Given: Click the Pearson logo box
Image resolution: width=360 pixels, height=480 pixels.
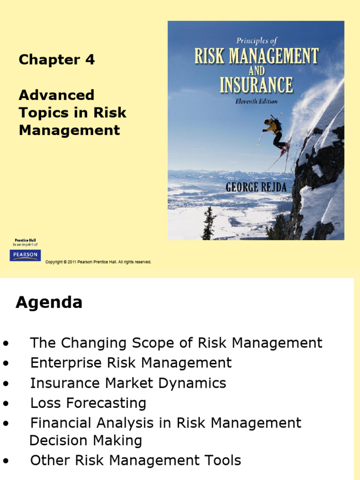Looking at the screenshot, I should tap(25, 255).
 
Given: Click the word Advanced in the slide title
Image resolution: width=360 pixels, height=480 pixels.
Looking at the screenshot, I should tap(56, 95).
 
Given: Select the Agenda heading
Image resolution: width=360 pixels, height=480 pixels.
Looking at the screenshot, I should tap(49, 303).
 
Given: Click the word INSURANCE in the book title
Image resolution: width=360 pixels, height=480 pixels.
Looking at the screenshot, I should tap(256, 85).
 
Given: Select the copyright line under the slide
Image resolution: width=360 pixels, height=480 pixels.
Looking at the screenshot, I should tap(98, 262).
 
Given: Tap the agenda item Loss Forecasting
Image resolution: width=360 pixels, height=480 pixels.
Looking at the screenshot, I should tap(88, 403).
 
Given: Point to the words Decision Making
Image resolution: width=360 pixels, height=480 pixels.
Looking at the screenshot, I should tap(85, 441).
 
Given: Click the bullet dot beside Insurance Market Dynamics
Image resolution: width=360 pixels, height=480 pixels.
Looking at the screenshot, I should tap(6, 384).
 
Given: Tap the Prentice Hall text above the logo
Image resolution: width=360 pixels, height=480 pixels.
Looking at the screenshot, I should tap(25, 240).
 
